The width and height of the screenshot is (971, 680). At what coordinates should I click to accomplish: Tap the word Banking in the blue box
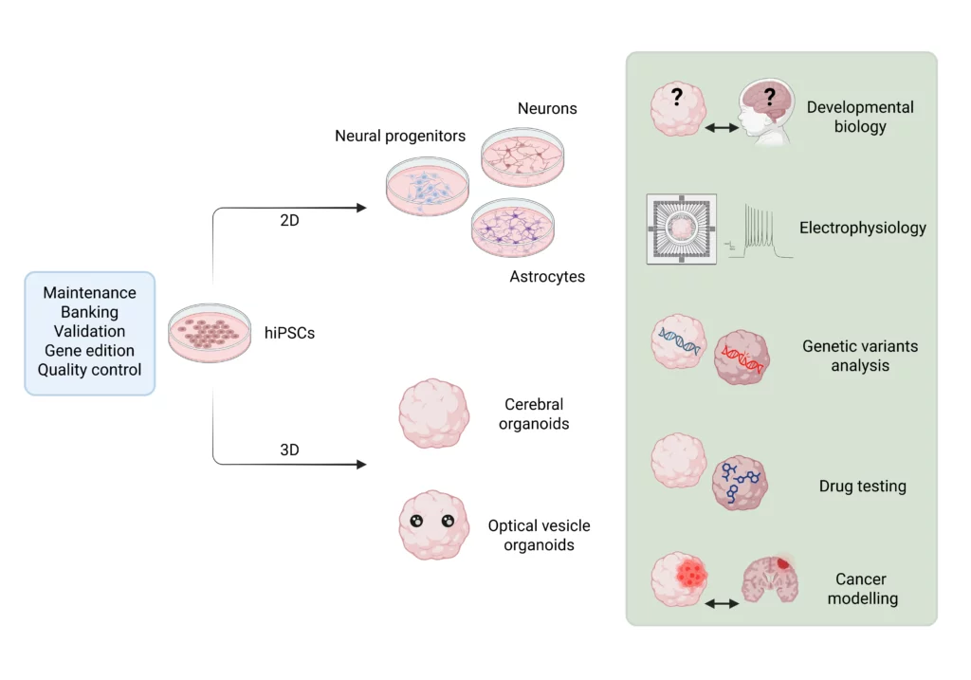point(89,312)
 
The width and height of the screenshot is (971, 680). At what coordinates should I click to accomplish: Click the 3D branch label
point(289,450)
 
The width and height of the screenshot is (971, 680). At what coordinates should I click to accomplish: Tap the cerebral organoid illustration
point(433,414)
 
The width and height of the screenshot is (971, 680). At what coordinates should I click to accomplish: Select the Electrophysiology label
point(862,228)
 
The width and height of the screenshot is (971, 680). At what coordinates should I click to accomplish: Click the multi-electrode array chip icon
point(681,229)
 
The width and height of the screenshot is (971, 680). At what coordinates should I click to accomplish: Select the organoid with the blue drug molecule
point(740,485)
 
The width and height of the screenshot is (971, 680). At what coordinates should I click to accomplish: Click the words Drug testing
point(862,487)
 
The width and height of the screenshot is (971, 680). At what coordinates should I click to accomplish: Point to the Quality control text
point(89,370)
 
